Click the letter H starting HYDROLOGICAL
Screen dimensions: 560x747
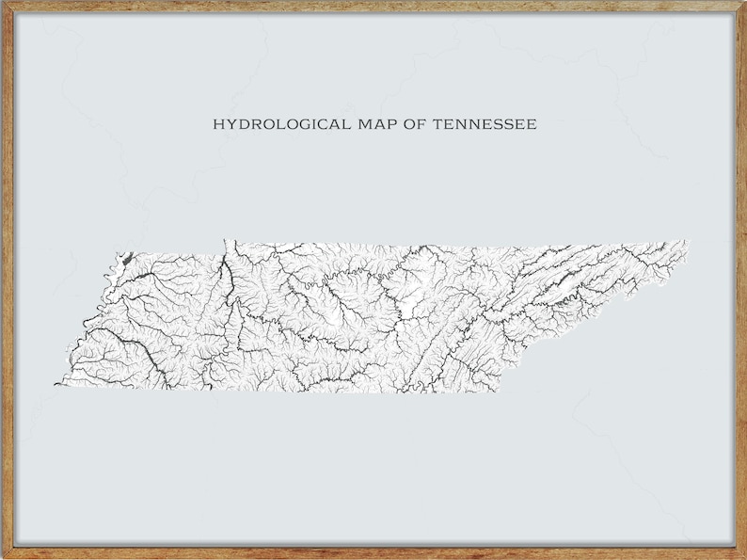pos(217,123)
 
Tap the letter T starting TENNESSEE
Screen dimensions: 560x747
pos(438,123)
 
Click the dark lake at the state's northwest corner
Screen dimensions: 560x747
pos(124,256)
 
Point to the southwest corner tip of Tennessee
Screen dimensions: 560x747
pos(56,384)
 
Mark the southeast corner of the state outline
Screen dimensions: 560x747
pos(496,390)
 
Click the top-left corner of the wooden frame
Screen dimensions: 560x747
pos(4,4)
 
